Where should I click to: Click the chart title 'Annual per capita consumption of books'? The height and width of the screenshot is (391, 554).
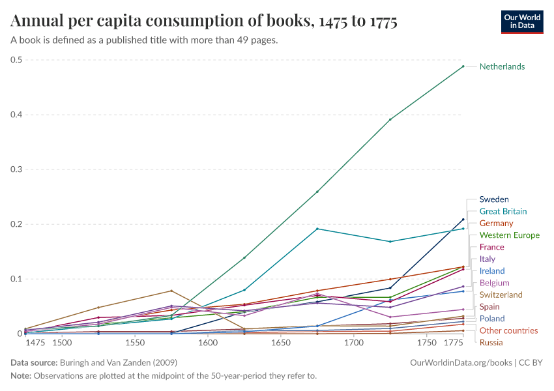(204, 21)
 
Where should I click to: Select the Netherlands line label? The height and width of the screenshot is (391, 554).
(502, 66)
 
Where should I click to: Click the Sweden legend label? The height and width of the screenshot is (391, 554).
(494, 199)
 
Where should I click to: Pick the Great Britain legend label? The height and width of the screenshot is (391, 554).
(503, 211)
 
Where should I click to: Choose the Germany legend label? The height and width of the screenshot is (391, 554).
(496, 224)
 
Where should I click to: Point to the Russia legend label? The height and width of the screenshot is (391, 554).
(491, 342)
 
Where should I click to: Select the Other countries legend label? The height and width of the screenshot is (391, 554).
(508, 330)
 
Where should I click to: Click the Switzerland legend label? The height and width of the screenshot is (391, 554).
(501, 295)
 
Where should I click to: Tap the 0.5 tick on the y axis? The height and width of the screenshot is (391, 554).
(16, 60)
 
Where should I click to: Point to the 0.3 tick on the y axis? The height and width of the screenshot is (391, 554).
(16, 169)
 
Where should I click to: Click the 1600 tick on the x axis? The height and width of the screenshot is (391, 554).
(208, 343)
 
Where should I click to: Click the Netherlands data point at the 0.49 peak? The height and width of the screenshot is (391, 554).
(463, 66)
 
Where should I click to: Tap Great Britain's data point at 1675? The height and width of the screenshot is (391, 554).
(317, 229)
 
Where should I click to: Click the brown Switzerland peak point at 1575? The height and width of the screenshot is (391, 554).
(171, 291)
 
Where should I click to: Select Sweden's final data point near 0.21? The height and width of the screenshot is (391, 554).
(463, 220)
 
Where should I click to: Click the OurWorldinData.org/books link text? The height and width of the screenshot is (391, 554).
(454, 362)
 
